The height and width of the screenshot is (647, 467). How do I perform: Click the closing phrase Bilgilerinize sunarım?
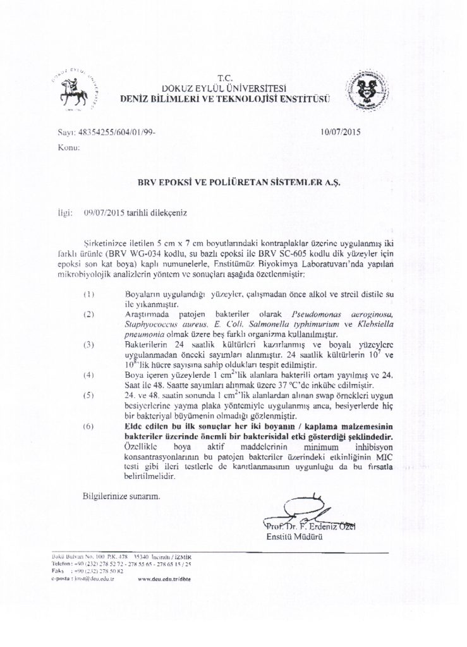pos(121,496)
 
